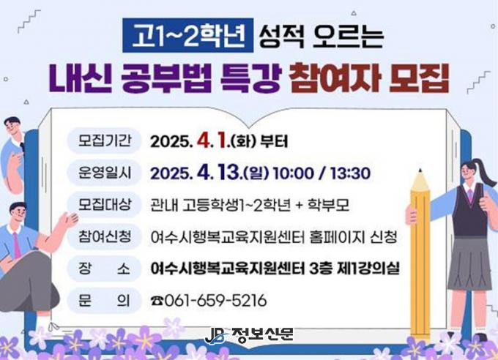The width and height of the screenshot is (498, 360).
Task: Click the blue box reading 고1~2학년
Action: [x=188, y=35]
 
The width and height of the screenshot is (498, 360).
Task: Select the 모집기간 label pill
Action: [x=104, y=140]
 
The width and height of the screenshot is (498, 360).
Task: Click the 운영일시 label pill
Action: [x=104, y=173]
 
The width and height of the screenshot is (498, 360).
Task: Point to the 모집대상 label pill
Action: [x=104, y=204]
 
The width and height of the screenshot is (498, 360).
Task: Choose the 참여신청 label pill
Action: [x=104, y=236]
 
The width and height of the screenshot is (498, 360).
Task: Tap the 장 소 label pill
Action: [x=104, y=269]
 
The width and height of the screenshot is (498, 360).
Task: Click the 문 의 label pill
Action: [x=104, y=300]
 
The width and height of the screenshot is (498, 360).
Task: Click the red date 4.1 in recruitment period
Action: [x=212, y=140]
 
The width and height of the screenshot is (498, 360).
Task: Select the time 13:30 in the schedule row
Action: [x=350, y=173]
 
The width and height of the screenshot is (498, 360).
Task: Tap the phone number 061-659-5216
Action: [x=215, y=300]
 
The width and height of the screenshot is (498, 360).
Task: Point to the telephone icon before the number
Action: [x=157, y=301]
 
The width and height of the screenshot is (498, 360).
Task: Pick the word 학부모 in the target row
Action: [x=328, y=205]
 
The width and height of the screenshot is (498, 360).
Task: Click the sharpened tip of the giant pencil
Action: [x=420, y=170]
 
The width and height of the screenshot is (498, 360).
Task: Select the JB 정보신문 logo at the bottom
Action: [x=249, y=336]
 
